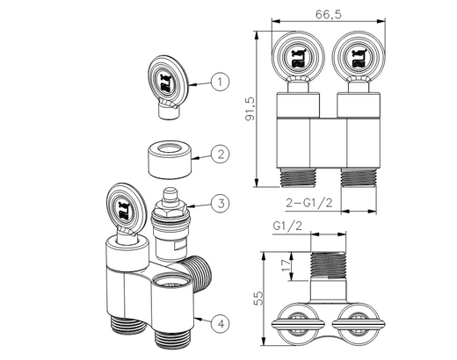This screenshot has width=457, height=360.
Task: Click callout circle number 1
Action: pos(220,82)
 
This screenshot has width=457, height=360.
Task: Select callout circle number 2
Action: pos(221,154)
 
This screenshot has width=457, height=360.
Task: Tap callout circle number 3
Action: pos(221,203)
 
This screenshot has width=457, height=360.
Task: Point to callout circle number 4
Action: pos(221,324)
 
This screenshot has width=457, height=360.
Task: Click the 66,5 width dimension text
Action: pos(329,14)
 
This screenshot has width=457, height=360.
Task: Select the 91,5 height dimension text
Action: pos(250,109)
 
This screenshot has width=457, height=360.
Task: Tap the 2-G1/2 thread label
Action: pos(309,203)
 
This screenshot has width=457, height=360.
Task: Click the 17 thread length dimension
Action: pos(286,265)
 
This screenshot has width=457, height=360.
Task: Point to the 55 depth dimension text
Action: pos(258,299)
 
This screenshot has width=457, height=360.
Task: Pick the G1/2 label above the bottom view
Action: pos(287,226)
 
